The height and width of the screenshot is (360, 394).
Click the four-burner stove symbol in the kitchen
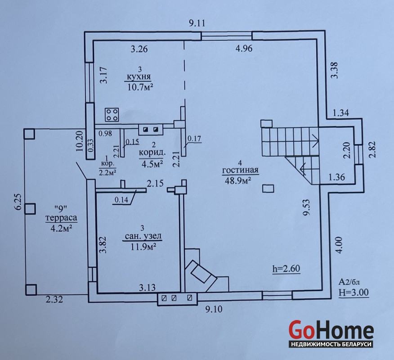pyautogui.click(x=112, y=115)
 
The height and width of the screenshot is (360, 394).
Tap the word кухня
pyautogui.click(x=139, y=76)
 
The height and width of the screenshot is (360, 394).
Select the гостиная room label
pyautogui.click(x=241, y=170)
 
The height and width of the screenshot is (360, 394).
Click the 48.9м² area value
pyautogui.click(x=238, y=180)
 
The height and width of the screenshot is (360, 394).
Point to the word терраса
pyautogui.click(x=61, y=218)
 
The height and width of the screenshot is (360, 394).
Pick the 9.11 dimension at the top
pyautogui.click(x=197, y=23)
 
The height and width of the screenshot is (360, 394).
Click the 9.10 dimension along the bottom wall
pyautogui.click(x=214, y=309)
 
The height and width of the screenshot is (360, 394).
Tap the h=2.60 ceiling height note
pyautogui.click(x=287, y=269)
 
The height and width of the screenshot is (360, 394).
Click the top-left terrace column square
pyautogui.click(x=29, y=134)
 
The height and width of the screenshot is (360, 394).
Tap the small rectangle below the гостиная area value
pyautogui.click(x=268, y=189)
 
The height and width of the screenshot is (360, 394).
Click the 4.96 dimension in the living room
pyautogui.click(x=244, y=48)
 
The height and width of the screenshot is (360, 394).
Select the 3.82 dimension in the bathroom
pyautogui.click(x=103, y=244)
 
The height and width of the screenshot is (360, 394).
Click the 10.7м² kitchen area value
pyautogui.click(x=140, y=87)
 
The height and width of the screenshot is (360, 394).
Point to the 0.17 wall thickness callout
pyautogui.click(x=194, y=139)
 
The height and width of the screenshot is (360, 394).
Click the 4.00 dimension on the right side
pyautogui.click(x=339, y=245)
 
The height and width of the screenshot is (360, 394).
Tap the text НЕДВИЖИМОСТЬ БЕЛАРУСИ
pyautogui.click(x=331, y=344)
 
